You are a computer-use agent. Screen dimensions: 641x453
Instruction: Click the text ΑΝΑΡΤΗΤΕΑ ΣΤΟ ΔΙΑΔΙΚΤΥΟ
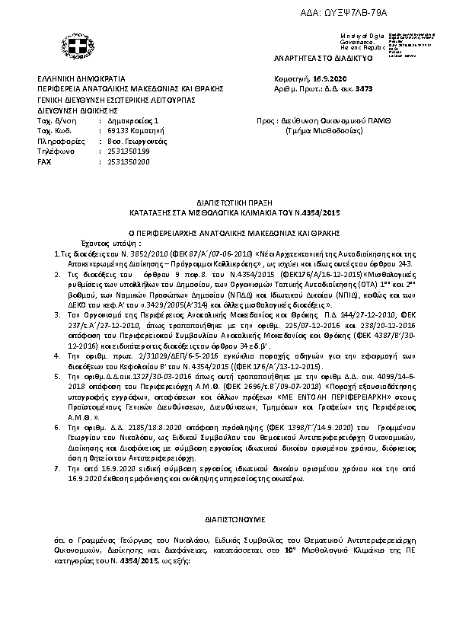[311, 58]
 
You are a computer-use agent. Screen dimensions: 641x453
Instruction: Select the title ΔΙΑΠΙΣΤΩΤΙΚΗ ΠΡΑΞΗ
[226, 205]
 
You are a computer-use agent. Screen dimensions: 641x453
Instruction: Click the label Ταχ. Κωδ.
[54, 131]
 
